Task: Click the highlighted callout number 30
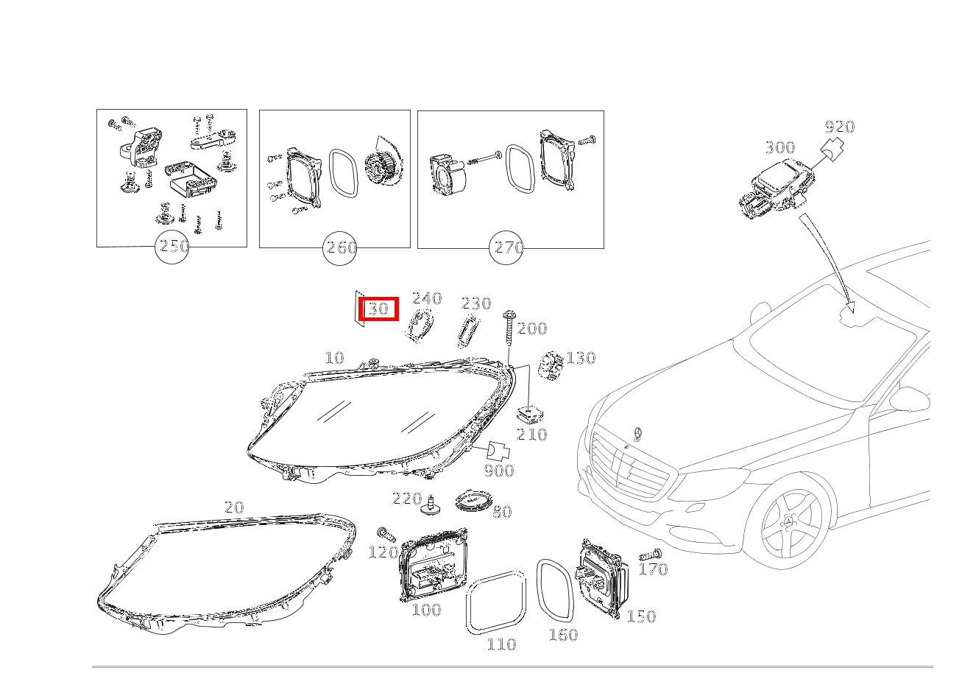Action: click(378, 309)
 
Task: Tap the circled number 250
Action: click(174, 247)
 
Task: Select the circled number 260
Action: click(340, 248)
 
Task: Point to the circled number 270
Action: click(507, 248)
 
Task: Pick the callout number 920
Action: click(839, 127)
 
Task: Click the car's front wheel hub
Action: click(790, 524)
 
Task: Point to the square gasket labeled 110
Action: click(498, 602)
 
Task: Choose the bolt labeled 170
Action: click(650, 555)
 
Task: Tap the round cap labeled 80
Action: click(473, 503)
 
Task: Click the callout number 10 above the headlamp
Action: click(334, 358)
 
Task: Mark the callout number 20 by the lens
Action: click(233, 507)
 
